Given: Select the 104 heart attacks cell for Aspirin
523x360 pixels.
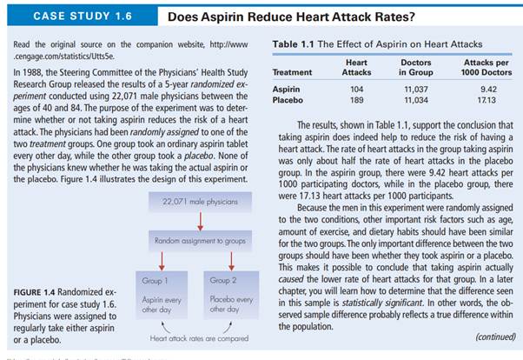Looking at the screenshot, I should (356, 89).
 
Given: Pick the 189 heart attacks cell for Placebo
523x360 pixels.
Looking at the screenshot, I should (356, 100).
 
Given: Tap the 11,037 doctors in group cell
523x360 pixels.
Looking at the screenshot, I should (415, 89).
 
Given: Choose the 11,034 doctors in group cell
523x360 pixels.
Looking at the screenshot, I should (415, 100).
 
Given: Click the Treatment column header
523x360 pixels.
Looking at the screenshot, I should (292, 72).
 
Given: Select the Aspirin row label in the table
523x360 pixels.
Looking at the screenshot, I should (287, 89).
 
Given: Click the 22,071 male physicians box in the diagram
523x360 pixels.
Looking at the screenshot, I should (199, 201).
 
